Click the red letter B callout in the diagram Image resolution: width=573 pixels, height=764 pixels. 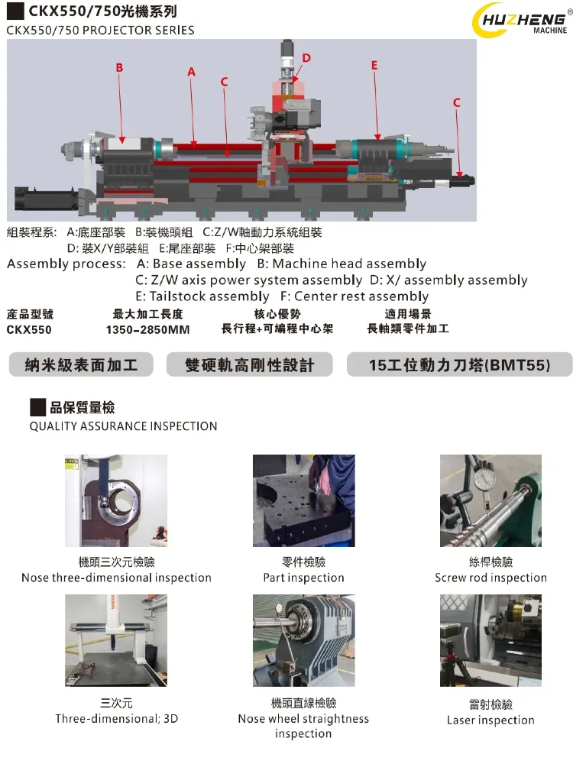119,68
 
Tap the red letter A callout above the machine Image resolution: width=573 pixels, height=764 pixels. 192,72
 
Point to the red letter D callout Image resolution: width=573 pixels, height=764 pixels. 306,58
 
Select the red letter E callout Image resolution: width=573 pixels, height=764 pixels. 374,66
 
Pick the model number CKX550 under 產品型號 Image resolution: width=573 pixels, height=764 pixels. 30,330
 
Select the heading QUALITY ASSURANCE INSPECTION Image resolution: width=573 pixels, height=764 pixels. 123,426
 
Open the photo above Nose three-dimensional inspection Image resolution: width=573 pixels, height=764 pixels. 116,500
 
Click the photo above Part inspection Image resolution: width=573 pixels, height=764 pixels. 303,500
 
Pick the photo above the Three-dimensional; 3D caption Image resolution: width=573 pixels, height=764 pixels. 116,640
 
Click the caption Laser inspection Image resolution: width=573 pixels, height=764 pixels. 490,720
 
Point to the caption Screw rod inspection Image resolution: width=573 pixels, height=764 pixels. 490,578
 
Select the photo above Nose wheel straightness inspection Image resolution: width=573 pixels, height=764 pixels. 303,640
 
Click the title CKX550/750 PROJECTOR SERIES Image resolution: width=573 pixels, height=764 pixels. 100,31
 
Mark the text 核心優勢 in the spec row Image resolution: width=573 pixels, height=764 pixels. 277,314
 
